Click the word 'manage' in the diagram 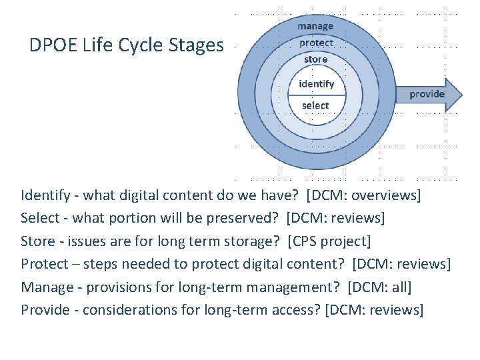pyautogui.click(x=315, y=26)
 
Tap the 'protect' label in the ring pyautogui.click(x=316, y=43)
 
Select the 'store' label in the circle pyautogui.click(x=316, y=59)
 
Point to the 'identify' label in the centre pyautogui.click(x=316, y=84)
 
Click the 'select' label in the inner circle pyautogui.click(x=315, y=105)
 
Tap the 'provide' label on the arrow pyautogui.click(x=427, y=94)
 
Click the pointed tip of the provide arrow pyautogui.click(x=461, y=94)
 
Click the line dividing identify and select pyautogui.click(x=316, y=95)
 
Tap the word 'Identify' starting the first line pyautogui.click(x=45, y=195)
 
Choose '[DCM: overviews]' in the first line pyautogui.click(x=363, y=195)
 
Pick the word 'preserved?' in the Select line pyautogui.click(x=247, y=218)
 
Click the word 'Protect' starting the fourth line pyautogui.click(x=44, y=264)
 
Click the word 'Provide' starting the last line pyautogui.click(x=45, y=309)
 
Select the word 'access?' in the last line pyautogui.click(x=296, y=309)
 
